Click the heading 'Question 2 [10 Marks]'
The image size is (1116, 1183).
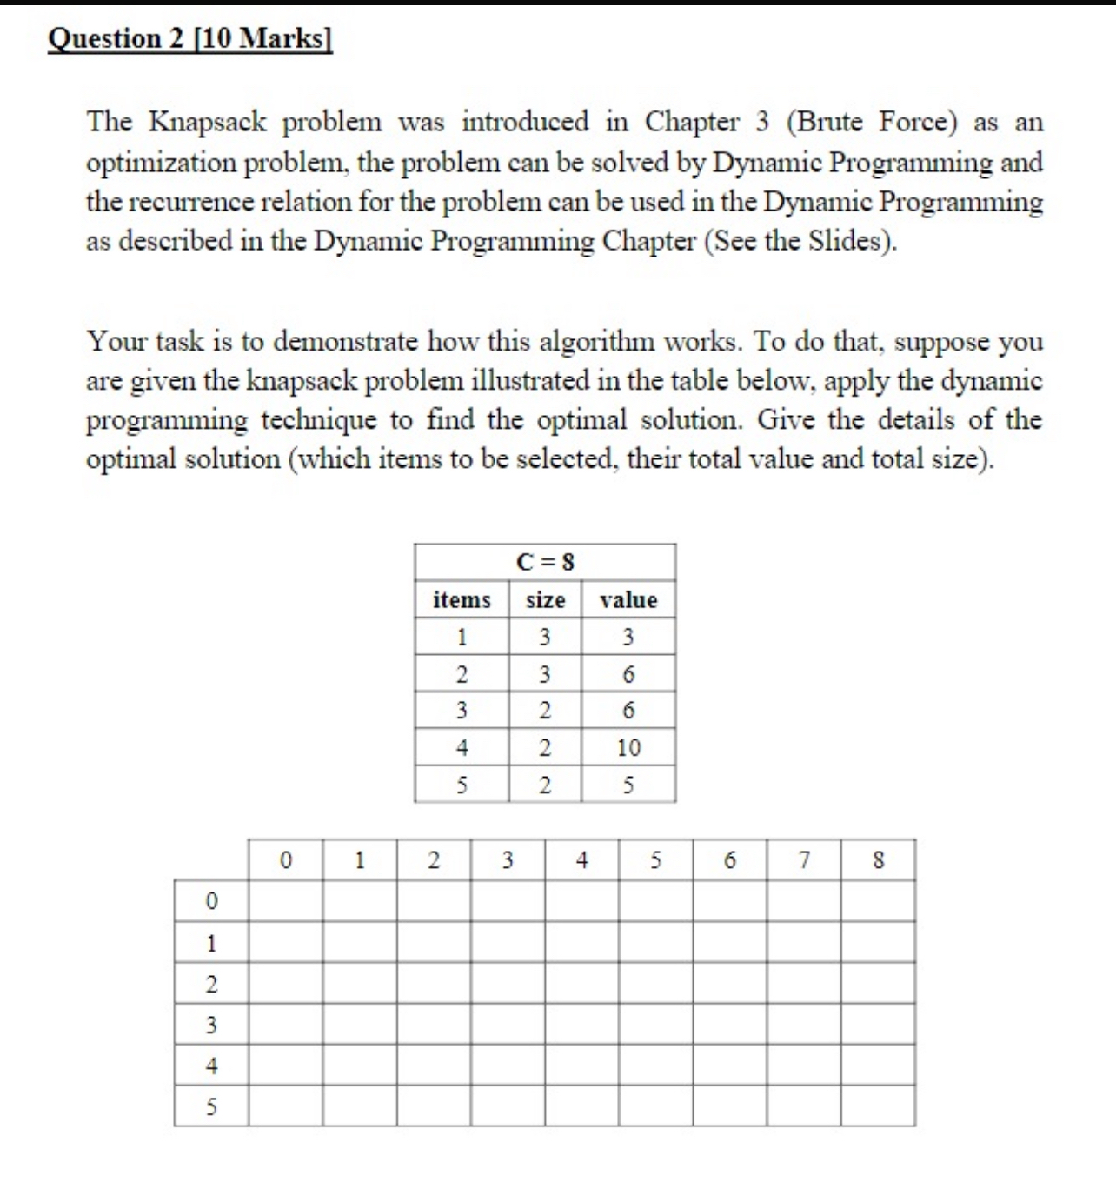(x=189, y=38)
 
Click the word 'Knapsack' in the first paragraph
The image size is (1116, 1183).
(x=208, y=122)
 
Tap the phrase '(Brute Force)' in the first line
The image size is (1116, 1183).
(x=871, y=122)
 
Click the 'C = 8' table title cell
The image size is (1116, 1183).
(x=545, y=562)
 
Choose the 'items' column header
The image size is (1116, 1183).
(x=462, y=600)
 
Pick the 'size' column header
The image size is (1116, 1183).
(x=545, y=600)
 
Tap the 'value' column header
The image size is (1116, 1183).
(x=628, y=600)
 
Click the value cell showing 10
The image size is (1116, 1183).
(x=628, y=748)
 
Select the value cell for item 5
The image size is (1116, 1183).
(x=628, y=785)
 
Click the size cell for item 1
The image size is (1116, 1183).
(x=545, y=638)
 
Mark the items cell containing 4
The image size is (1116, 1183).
(x=462, y=748)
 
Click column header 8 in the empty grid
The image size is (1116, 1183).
(x=878, y=860)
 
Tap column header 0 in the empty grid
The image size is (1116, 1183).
(x=286, y=860)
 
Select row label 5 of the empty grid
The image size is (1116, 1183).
(x=211, y=1106)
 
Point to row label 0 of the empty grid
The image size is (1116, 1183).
(x=211, y=901)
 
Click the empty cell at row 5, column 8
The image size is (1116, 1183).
(x=878, y=1106)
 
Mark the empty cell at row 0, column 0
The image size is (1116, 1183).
(x=286, y=901)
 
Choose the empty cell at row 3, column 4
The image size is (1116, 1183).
(x=582, y=1025)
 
